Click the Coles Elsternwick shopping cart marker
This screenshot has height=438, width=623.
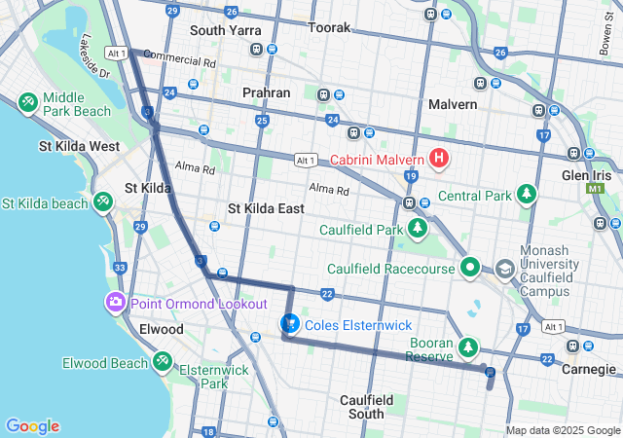289,323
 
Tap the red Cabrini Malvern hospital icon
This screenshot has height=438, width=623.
439,157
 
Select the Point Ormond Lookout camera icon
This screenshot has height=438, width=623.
116,302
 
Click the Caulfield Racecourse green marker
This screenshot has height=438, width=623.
469,266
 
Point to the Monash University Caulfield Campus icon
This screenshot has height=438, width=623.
504,268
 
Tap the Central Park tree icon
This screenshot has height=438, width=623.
527,195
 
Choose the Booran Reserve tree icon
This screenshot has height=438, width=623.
469,347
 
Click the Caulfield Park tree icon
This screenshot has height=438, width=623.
418,229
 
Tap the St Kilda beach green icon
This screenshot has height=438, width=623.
102,201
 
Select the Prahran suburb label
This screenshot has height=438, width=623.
266,92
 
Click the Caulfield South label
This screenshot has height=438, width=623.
366,407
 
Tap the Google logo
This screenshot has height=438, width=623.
32,426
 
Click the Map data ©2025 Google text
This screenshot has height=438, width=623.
562,430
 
